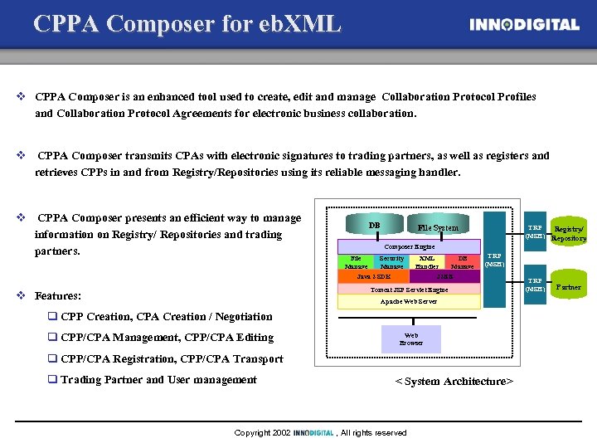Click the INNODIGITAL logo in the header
[524, 25]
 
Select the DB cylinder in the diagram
[374, 226]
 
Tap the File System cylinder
[438, 226]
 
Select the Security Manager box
[391, 262]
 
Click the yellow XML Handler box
[427, 262]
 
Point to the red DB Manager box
[463, 262]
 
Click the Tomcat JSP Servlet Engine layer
[410, 290]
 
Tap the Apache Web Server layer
[410, 302]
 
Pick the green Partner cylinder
[569, 287]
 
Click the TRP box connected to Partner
[535, 285]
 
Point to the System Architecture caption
[454, 381]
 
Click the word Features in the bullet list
[58, 295]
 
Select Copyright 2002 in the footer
[262, 432]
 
